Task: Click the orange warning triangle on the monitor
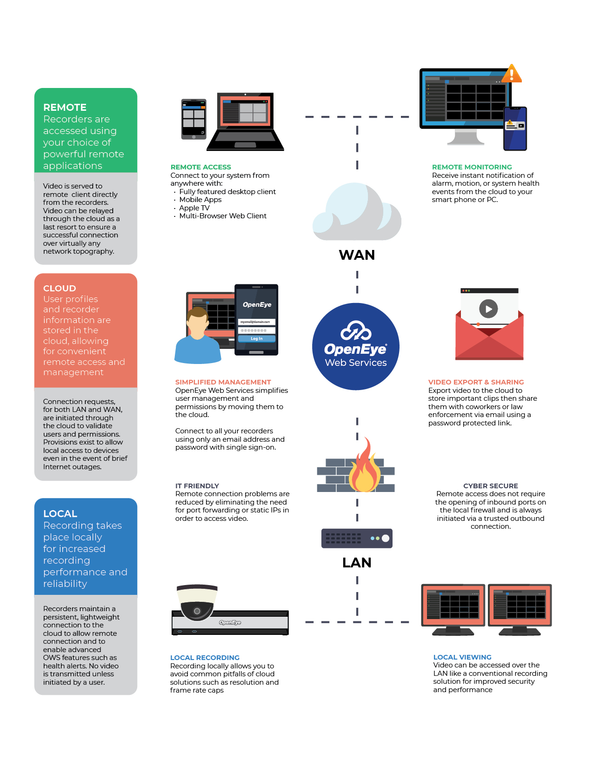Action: [512, 74]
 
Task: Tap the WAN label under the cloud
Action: [357, 255]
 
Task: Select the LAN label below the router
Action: [357, 563]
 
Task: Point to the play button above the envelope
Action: [488, 309]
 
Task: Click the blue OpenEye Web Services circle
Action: [356, 346]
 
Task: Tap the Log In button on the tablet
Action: [257, 339]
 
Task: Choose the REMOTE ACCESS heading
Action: [201, 167]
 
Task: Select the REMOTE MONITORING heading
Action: [472, 167]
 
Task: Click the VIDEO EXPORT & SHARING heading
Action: [476, 382]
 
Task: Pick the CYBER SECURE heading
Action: [490, 486]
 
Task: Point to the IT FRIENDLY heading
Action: [197, 486]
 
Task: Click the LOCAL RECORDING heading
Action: [205, 658]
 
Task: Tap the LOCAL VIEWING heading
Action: [462, 657]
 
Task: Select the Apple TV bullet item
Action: [194, 208]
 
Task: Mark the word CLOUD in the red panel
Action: [60, 289]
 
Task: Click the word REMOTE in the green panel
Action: [65, 108]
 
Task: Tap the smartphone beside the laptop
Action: [193, 119]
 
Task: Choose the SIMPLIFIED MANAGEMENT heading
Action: [223, 382]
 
